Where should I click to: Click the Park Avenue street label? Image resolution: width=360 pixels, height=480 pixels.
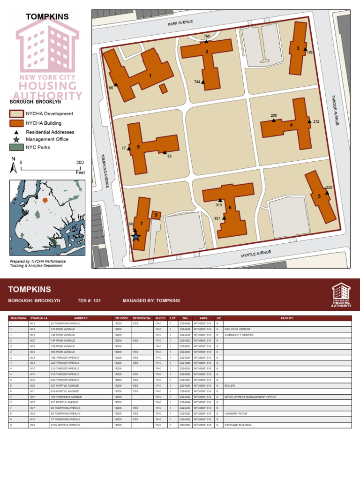click(x=180, y=23)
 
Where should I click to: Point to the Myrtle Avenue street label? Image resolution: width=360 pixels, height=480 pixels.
click(x=256, y=255)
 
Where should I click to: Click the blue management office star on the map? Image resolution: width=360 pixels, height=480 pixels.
click(x=136, y=237)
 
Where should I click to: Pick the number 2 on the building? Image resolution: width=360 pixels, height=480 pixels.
click(x=207, y=52)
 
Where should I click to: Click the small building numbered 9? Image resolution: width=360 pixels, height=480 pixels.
click(x=156, y=215)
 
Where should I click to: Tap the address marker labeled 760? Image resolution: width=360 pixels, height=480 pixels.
click(x=207, y=41)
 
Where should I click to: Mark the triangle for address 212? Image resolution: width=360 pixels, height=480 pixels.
click(x=309, y=121)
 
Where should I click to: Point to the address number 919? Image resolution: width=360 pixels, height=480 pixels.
click(x=219, y=205)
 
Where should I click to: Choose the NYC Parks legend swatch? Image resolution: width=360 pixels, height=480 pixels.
click(x=16, y=147)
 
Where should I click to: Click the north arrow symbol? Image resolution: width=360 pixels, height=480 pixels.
click(x=14, y=165)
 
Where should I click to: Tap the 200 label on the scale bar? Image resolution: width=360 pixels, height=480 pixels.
click(x=80, y=163)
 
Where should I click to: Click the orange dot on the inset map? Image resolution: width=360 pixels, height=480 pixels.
click(x=45, y=200)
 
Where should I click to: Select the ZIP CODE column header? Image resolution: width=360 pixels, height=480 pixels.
click(x=121, y=318)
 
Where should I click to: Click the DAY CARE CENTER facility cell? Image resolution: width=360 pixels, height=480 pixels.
click(x=238, y=329)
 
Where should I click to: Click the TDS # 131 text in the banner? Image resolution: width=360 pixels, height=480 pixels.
click(x=90, y=300)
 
